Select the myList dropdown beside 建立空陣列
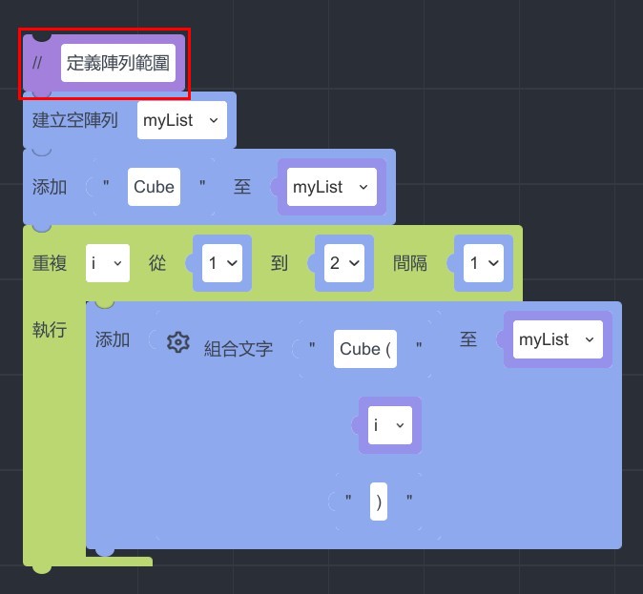click(x=181, y=120)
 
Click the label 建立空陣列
click(x=75, y=120)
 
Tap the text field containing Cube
click(x=154, y=187)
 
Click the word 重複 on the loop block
click(x=51, y=263)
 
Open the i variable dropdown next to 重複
click(x=107, y=263)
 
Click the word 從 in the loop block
click(x=157, y=263)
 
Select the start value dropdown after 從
click(x=222, y=263)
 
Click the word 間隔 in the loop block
click(x=410, y=263)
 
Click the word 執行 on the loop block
click(x=51, y=330)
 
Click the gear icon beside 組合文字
click(x=178, y=342)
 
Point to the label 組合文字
click(x=239, y=349)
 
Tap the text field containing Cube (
click(x=366, y=349)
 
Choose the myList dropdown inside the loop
click(x=557, y=339)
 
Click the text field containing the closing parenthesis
click(x=380, y=502)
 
